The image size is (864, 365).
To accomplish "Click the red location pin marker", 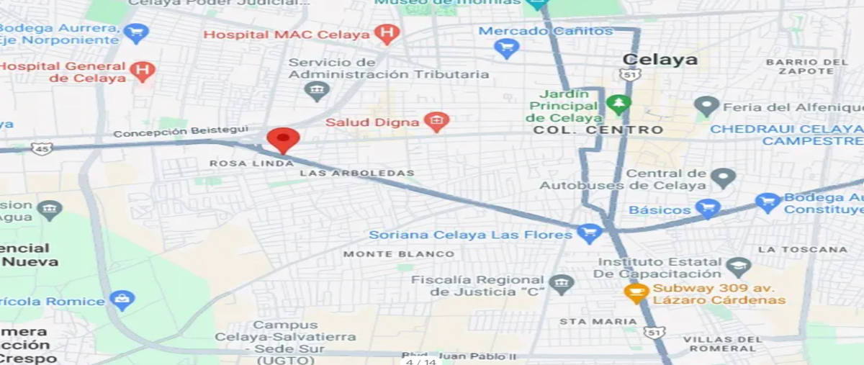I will (283, 139).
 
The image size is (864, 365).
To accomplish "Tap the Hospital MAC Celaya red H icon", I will (387, 34).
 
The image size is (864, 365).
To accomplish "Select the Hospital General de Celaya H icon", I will (145, 71).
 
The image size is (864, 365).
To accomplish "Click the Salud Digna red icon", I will (436, 122).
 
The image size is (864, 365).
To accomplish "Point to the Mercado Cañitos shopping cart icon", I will (508, 48).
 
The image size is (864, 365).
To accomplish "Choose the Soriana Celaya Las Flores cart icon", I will (590, 233).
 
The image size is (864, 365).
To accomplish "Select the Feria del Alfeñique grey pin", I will (706, 107).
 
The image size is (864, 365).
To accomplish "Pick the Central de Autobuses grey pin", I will (723, 176).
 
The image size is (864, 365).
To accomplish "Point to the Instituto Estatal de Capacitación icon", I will (738, 267).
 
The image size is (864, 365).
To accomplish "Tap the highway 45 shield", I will (42, 148).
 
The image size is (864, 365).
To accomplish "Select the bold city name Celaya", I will (660, 60).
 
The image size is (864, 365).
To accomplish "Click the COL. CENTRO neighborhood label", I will (598, 130).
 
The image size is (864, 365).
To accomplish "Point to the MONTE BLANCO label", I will (398, 253).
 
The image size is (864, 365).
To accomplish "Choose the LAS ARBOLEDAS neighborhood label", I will (356, 173).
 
